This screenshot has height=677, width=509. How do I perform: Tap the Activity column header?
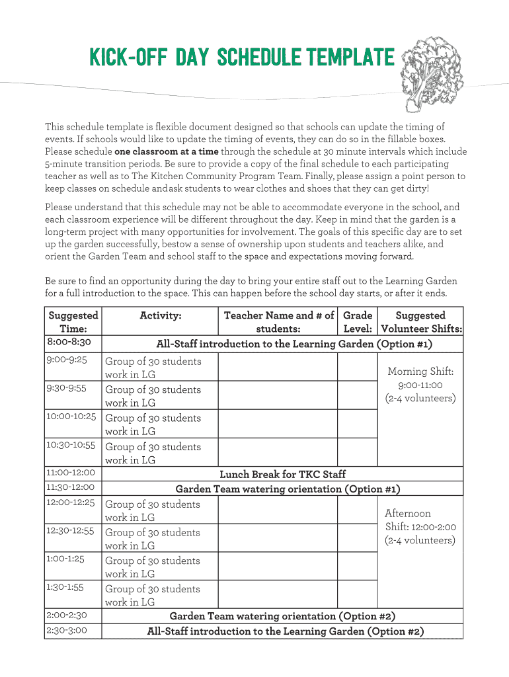tap(161, 316)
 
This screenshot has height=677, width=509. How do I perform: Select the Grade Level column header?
tap(358, 322)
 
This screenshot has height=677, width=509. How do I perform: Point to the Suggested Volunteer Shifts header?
tap(420, 322)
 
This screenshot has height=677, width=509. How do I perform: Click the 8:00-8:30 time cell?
tap(69, 342)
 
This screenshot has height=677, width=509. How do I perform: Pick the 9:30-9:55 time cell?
tap(67, 389)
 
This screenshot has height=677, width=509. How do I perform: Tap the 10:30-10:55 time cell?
tap(71, 446)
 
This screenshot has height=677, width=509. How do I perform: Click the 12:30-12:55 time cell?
tap(70, 531)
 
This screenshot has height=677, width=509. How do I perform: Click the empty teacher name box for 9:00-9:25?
tap(278, 368)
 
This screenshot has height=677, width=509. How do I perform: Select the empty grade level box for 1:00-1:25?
tap(357, 567)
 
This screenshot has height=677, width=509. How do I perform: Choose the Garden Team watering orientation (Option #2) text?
tap(282, 616)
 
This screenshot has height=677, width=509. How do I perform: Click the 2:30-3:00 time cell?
tap(67, 631)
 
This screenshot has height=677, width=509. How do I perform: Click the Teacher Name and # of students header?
tap(278, 322)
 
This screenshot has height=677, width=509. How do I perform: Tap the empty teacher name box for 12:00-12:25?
tap(278, 510)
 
